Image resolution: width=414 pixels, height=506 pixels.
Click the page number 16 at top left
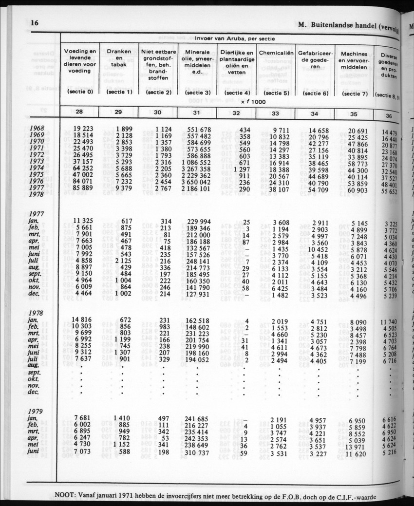click(x=34, y=23)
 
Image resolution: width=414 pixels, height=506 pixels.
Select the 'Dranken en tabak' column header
click(x=118, y=57)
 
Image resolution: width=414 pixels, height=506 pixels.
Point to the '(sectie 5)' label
click(x=276, y=93)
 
